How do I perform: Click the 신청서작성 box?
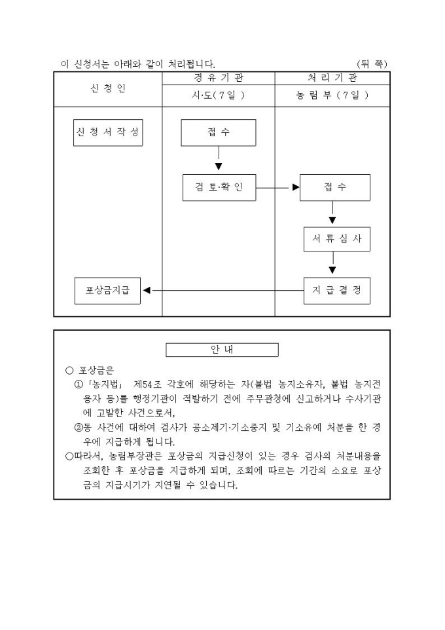point(108,133)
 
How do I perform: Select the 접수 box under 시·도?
point(219,133)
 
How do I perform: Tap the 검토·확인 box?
point(219,187)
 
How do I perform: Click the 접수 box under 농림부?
point(335,187)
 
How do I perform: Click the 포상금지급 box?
point(108,290)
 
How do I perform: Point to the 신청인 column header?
point(108,89)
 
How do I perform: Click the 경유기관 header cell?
point(219,79)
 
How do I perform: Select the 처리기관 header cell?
point(332,79)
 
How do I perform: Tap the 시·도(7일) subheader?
point(219,96)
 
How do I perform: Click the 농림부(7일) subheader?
point(332,96)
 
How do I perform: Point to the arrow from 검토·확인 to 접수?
point(278,187)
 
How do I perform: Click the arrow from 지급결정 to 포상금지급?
point(222,290)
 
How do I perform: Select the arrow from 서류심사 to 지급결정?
point(332,265)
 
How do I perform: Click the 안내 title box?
point(222,350)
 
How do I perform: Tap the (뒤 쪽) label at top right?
point(372,64)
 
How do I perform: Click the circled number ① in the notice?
point(78,383)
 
